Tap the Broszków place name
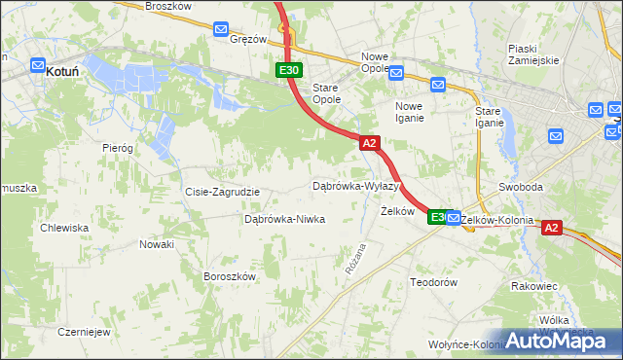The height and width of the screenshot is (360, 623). [x=166, y=6]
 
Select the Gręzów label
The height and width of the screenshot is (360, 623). [x=248, y=40]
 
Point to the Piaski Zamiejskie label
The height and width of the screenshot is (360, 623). [x=533, y=54]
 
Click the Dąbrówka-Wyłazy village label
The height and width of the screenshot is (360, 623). [x=356, y=185]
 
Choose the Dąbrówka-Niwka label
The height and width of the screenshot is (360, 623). [x=284, y=219]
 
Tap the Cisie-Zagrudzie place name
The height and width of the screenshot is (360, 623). [x=222, y=192]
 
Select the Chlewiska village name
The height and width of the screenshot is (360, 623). [x=64, y=228]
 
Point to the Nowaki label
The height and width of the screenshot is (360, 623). [x=156, y=244]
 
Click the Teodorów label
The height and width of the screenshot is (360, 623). [x=433, y=281]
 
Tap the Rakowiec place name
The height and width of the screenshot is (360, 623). [x=533, y=286]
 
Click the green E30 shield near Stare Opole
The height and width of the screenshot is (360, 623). [x=288, y=70]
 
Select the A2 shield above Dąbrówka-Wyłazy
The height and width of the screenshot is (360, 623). [x=369, y=143]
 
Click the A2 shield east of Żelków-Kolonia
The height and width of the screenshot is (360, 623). [x=551, y=228]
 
